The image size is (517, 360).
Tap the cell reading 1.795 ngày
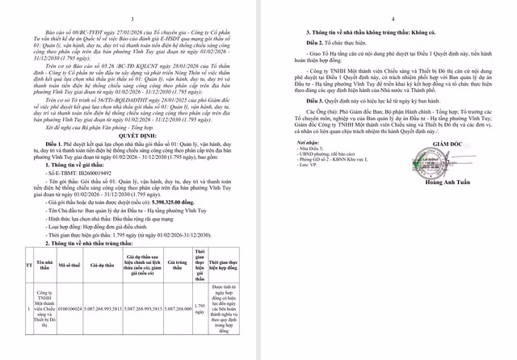200,309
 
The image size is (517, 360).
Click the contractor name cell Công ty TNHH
44,309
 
